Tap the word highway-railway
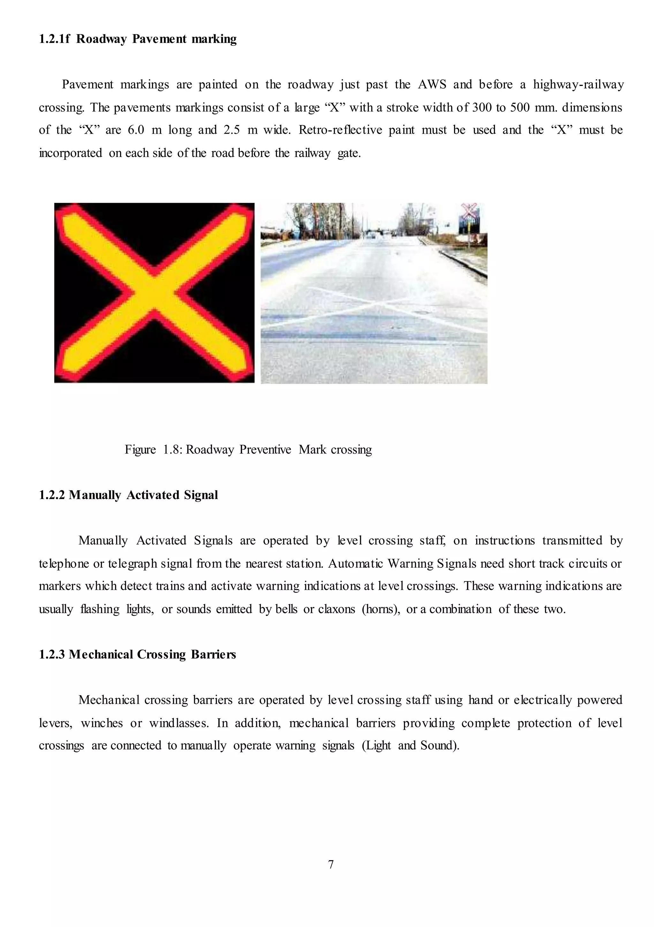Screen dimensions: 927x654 coord(578,85)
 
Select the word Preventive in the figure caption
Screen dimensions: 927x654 coord(265,450)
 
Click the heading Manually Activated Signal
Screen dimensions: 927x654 coord(143,495)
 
